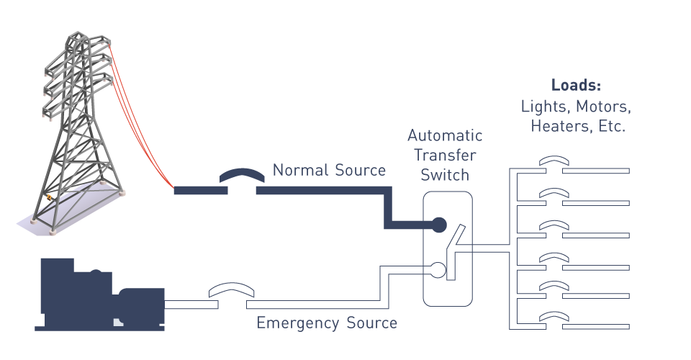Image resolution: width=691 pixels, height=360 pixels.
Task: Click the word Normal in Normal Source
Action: [x=301, y=170]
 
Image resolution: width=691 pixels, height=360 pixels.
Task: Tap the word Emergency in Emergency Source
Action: [x=298, y=323]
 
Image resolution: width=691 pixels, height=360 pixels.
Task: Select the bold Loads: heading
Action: [x=576, y=85]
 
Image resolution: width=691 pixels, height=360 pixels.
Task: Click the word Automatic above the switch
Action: [x=445, y=135]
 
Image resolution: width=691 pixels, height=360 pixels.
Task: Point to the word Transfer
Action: [x=445, y=155]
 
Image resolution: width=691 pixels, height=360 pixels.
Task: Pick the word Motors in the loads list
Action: [x=603, y=107]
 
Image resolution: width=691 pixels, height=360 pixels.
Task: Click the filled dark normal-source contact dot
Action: [x=438, y=225]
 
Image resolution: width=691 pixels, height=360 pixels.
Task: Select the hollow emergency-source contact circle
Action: [x=438, y=270]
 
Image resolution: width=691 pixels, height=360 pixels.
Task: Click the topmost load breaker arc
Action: [x=554, y=159]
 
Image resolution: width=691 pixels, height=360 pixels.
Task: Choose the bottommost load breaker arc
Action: [x=554, y=315]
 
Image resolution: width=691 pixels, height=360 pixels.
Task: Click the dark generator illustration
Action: [x=99, y=294]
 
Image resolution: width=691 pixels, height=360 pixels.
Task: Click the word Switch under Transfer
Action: [x=445, y=175]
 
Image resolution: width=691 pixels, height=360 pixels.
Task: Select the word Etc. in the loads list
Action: [x=612, y=126]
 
